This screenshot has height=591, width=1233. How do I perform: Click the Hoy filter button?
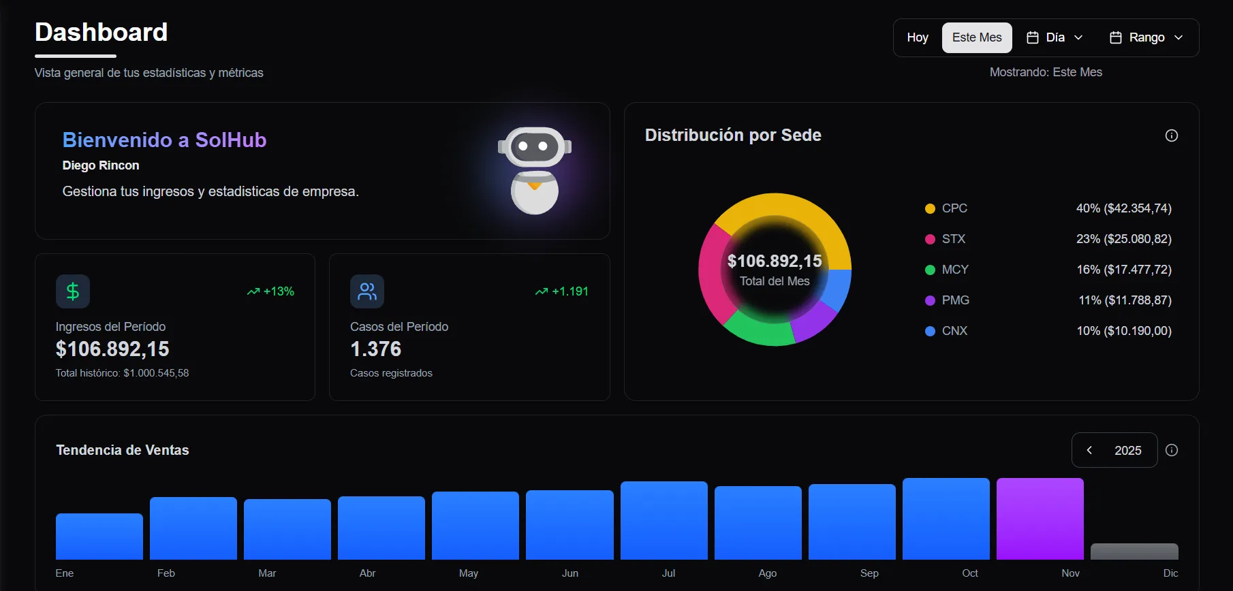coord(917,37)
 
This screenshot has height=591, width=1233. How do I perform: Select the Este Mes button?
coord(976,37)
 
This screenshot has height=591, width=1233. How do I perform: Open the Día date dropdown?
coord(1055,37)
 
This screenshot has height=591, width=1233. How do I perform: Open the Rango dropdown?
coord(1146,37)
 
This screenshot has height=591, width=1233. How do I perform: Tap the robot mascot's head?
coord(535,146)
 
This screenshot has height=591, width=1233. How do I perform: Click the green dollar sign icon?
coord(73,291)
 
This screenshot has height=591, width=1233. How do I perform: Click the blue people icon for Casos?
coord(367,291)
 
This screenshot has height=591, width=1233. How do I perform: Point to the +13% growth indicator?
coord(271,291)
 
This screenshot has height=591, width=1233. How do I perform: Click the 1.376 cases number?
coord(375,349)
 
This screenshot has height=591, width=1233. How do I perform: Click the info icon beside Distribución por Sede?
coord(1171,135)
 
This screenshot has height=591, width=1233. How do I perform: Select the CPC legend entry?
coord(954,208)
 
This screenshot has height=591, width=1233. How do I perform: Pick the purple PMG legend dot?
coord(930,300)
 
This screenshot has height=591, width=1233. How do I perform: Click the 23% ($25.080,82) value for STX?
coord(1123,239)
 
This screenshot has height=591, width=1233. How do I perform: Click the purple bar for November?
coord(1040,519)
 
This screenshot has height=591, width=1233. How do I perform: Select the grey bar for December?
coord(1134,552)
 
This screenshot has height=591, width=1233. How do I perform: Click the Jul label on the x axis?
coord(668,573)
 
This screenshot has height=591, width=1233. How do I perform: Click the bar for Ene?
coord(99,537)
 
